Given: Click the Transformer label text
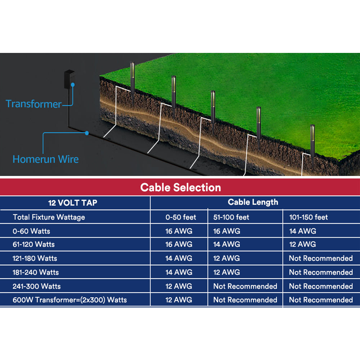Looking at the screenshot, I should click(x=34, y=104).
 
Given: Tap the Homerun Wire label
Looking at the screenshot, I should click(x=45, y=159).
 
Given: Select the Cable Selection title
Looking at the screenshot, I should click(x=180, y=188).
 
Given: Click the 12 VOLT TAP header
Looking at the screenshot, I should click(x=73, y=203).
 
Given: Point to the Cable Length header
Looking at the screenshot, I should click(x=253, y=202).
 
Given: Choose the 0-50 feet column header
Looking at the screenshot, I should click(x=181, y=217).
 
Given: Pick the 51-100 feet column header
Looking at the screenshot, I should click(x=231, y=217).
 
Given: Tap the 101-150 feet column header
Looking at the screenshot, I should click(x=309, y=217).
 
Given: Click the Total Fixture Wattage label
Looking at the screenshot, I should click(x=49, y=217).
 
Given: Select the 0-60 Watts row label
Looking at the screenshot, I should click(x=31, y=231).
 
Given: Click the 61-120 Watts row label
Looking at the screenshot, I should click(x=34, y=244).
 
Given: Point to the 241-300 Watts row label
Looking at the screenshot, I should click(x=37, y=286).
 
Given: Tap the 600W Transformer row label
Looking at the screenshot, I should click(x=70, y=300).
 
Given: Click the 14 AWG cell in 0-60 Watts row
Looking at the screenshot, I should click(x=303, y=231).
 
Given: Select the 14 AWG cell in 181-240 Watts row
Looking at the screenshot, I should click(x=179, y=272).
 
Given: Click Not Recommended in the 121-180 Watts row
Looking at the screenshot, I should click(x=321, y=258).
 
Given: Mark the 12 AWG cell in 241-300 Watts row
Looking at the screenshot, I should click(x=179, y=286).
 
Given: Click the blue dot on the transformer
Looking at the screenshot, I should click(x=72, y=85).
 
